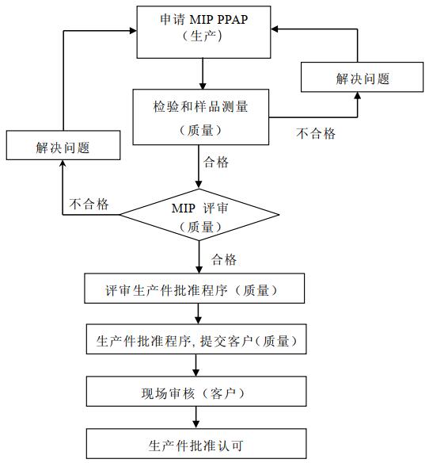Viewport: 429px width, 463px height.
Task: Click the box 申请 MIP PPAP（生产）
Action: [203, 33]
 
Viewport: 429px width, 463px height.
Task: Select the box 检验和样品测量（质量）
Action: [201, 117]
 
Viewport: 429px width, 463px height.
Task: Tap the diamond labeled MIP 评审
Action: [199, 215]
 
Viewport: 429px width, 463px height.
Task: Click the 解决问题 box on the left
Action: [63, 145]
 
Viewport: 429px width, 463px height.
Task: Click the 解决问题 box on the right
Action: [362, 77]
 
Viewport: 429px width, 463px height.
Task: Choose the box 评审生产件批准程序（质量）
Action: [194, 289]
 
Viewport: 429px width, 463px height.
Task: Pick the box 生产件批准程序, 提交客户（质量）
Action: [196, 339]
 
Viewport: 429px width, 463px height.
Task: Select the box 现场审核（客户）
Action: [196, 391]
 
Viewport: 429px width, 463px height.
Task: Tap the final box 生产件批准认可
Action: [196, 443]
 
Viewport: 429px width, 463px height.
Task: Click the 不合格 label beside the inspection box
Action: [316, 133]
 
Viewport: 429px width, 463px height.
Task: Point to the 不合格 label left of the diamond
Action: [89, 204]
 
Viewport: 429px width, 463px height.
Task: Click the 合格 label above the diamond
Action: [216, 162]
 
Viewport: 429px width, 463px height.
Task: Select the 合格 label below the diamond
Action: [224, 259]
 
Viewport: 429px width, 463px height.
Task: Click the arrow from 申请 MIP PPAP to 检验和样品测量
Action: [203, 74]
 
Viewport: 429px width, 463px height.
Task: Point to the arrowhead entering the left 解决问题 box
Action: [63, 163]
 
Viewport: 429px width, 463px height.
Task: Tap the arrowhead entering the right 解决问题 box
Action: [358, 96]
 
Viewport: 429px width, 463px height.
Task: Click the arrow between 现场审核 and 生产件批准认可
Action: [196, 418]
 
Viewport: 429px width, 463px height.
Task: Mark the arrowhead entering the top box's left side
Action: [133, 30]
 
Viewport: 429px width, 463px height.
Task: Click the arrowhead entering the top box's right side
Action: [275, 29]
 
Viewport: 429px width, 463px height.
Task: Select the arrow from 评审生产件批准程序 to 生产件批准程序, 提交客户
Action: [198, 314]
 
